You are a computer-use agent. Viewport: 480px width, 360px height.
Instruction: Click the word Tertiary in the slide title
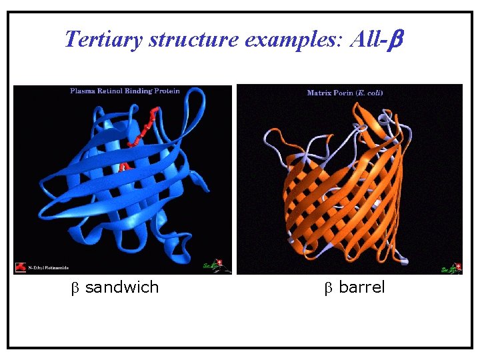(104, 39)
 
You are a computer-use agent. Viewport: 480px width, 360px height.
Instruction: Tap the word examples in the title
(292, 39)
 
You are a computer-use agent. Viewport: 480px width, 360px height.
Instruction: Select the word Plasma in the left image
(85, 91)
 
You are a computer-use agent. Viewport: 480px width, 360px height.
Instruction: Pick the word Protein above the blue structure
(166, 91)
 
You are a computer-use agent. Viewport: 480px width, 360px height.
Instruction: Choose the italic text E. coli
(369, 93)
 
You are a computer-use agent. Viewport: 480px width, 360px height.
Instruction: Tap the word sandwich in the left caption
(122, 287)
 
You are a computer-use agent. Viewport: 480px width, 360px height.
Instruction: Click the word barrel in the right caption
(362, 287)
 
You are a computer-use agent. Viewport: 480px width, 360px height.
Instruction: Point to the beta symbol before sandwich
(75, 288)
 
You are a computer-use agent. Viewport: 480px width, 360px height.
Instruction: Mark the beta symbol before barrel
(328, 288)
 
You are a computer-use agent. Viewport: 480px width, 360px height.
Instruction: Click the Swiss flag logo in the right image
(455, 268)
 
